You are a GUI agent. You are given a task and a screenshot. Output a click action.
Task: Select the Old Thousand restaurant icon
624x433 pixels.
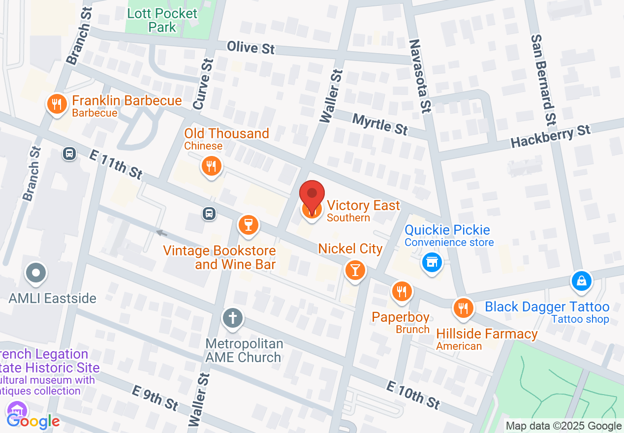(x=212, y=166)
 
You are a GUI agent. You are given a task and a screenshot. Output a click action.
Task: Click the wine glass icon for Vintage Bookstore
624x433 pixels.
(x=248, y=225)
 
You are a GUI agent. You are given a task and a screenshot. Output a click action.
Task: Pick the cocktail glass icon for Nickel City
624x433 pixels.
(x=354, y=270)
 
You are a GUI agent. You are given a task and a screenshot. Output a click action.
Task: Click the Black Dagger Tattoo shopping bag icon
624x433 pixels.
(x=581, y=281)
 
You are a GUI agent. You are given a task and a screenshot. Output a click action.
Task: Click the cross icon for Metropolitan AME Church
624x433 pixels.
(x=232, y=318)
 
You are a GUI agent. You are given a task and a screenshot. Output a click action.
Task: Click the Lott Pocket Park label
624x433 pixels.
(x=162, y=20)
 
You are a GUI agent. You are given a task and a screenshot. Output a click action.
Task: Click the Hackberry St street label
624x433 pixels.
(x=550, y=136)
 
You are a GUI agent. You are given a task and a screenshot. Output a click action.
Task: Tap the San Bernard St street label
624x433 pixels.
(x=543, y=79)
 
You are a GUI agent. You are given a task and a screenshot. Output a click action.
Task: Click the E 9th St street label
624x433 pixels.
(x=155, y=397)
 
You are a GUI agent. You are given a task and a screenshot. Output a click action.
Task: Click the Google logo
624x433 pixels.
(x=33, y=421)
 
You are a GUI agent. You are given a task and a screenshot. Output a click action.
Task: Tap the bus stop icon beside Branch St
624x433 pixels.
(x=69, y=154)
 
